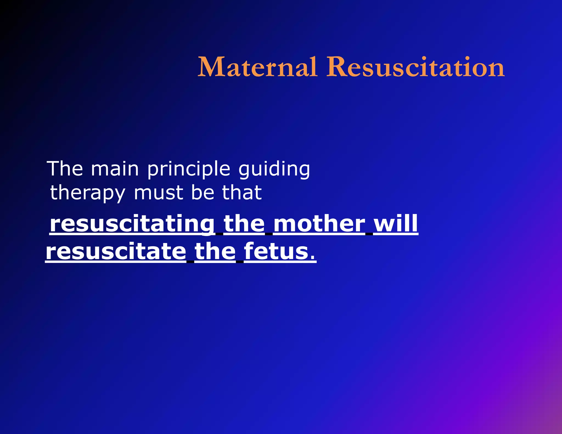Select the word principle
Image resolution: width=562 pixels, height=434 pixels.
point(189,170)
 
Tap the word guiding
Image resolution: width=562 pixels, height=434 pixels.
point(274,170)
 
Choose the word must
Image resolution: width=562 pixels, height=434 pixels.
point(158,193)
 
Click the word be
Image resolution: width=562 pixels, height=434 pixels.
point(202,192)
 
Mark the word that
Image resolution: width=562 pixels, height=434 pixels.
point(242,192)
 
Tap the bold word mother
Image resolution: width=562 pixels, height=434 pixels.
point(319,224)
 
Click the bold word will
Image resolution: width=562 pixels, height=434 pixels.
point(396,224)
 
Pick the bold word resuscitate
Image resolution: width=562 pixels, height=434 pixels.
point(116,251)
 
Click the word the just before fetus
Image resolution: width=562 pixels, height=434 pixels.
point(215,251)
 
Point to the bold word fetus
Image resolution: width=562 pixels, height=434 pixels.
point(276,251)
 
